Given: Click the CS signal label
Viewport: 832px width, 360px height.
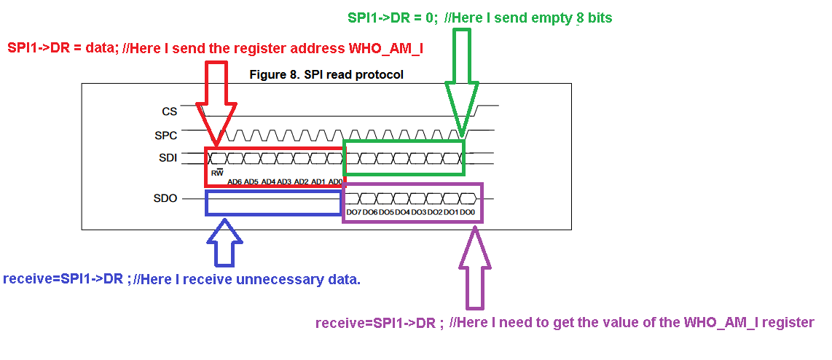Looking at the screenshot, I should click(x=168, y=111).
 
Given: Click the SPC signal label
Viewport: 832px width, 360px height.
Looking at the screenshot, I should click(x=165, y=135).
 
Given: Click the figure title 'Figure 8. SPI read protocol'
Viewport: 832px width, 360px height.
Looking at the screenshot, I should click(x=326, y=74).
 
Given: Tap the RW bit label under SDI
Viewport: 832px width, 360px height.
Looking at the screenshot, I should click(x=216, y=173).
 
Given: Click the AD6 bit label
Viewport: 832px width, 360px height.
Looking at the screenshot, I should click(x=234, y=181).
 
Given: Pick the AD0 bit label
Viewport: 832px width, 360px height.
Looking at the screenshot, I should click(x=335, y=181).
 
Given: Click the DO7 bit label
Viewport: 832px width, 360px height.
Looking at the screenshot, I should click(x=354, y=212).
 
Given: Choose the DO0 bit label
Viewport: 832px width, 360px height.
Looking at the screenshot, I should click(x=467, y=212).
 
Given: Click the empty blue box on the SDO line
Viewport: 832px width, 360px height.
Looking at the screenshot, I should click(x=274, y=203).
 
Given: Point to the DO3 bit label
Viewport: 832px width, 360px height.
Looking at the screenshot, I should click(x=418, y=212).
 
